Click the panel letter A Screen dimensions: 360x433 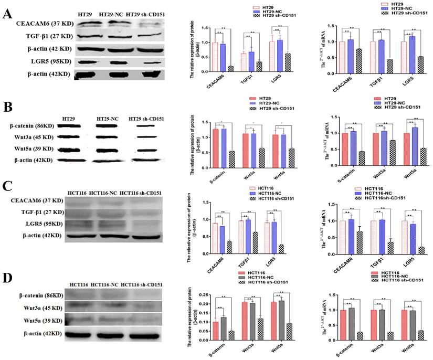point(7,14)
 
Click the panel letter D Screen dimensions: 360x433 point(7,276)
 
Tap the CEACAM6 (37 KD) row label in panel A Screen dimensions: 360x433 point(30,24)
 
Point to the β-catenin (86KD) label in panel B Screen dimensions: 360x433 point(34,127)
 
